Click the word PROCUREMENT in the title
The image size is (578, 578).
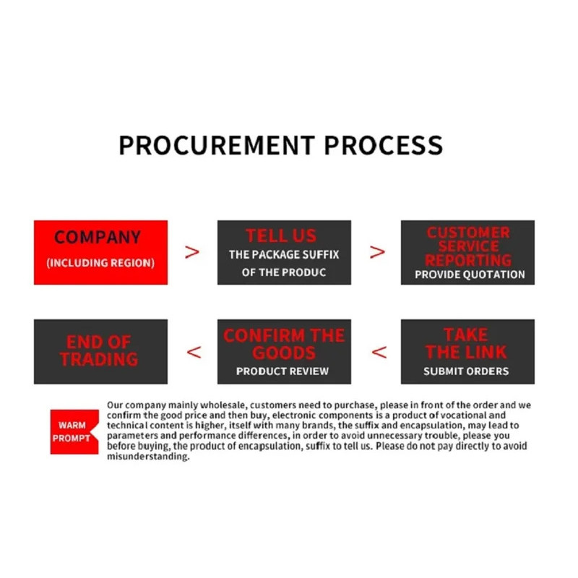(x=217, y=145)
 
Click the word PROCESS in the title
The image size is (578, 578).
(x=384, y=145)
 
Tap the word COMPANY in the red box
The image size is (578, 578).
(x=98, y=237)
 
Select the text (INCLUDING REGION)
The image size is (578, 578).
(x=100, y=263)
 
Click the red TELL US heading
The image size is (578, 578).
(x=281, y=236)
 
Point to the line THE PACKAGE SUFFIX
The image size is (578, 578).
(x=284, y=255)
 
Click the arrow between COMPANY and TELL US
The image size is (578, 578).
(x=192, y=252)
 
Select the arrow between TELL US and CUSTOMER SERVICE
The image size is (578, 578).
(x=377, y=252)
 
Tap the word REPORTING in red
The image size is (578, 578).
(x=468, y=260)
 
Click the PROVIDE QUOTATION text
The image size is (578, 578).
(x=470, y=275)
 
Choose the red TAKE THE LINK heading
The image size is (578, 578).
(x=466, y=343)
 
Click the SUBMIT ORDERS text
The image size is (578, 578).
(x=466, y=371)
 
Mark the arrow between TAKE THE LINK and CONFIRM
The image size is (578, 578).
(x=379, y=353)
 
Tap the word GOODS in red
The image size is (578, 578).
(x=284, y=353)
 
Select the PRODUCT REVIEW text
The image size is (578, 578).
(x=282, y=371)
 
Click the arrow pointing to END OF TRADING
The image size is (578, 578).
(x=194, y=353)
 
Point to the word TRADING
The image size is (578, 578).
(x=99, y=359)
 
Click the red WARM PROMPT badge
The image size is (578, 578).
(x=74, y=431)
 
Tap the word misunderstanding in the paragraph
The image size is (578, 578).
(x=148, y=457)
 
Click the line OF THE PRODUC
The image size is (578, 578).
(x=284, y=272)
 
